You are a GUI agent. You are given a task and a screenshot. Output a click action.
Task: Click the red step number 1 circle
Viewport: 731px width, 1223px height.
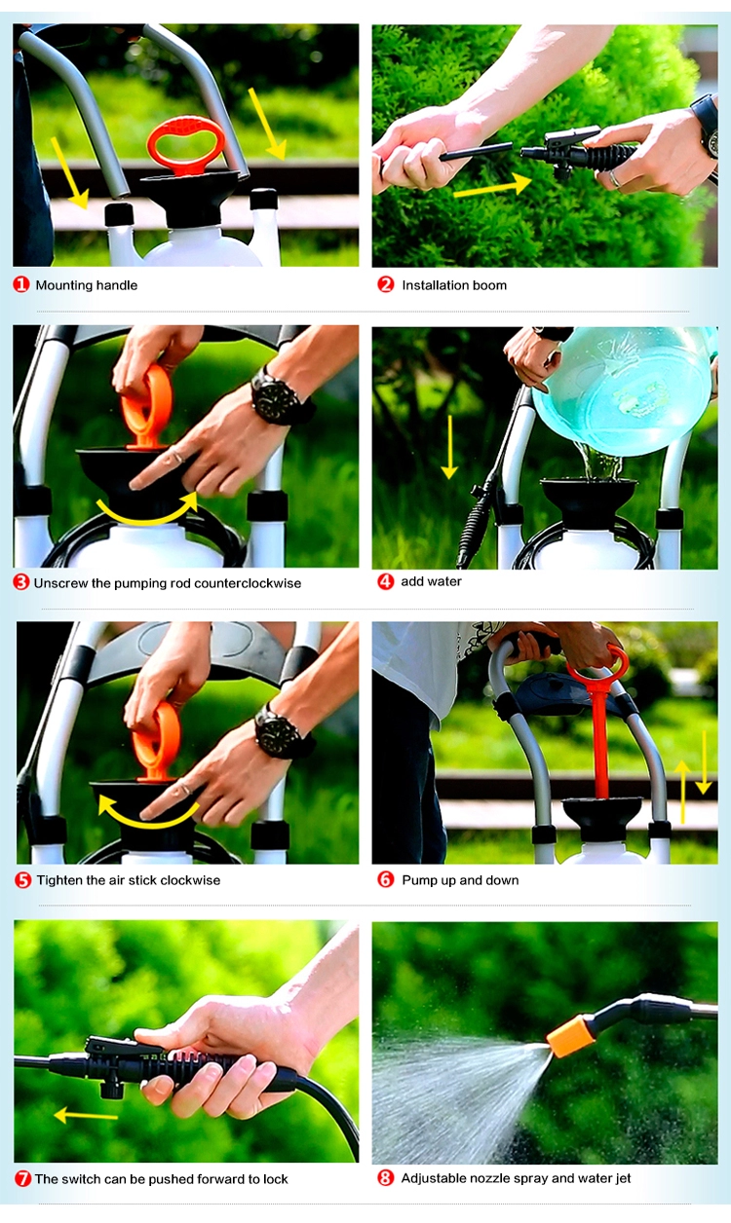pyautogui.click(x=21, y=284)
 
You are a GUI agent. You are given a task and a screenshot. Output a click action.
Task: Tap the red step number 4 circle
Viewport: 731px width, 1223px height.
pyautogui.click(x=386, y=581)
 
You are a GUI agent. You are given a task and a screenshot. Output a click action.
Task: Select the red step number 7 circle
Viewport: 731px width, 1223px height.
pyautogui.click(x=22, y=1179)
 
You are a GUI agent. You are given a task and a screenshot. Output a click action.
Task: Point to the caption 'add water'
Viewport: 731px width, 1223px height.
pyautogui.click(x=431, y=581)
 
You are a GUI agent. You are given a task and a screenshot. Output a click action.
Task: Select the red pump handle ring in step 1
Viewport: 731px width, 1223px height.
pyautogui.click(x=186, y=143)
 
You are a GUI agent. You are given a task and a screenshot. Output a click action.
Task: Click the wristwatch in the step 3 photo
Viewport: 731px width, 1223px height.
pyautogui.click(x=278, y=397)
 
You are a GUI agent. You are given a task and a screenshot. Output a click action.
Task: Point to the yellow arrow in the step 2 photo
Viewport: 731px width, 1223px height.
pyautogui.click(x=492, y=187)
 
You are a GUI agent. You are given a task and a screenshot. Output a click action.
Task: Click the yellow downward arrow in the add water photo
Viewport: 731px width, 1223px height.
pyautogui.click(x=449, y=447)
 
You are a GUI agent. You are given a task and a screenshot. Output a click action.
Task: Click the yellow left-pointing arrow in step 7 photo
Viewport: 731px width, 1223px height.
pyautogui.click(x=86, y=1115)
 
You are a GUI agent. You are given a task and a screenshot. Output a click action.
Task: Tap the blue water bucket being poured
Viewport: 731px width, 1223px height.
pyautogui.click(x=623, y=390)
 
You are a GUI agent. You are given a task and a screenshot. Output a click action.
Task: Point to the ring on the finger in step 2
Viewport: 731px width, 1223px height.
pyautogui.click(x=615, y=178)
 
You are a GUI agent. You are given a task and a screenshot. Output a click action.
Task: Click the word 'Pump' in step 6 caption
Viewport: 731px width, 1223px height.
pyautogui.click(x=417, y=880)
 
